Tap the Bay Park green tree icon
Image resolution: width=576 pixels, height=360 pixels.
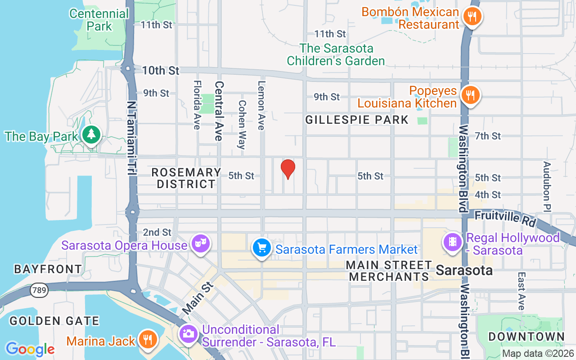[92, 135]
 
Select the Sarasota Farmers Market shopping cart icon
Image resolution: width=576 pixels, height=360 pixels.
[261, 247]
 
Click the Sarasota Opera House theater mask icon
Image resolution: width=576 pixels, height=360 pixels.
[200, 243]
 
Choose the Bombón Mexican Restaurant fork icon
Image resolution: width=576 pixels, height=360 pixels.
[472, 17]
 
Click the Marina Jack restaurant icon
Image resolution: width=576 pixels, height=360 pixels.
[147, 339]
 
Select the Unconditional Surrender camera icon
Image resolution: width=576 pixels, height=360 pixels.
[189, 333]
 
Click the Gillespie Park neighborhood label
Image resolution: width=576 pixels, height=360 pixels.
[357, 120]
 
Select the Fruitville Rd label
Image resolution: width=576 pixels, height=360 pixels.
[505, 219]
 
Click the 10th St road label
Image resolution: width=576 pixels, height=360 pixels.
[161, 71]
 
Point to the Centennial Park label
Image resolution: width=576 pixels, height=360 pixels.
[99, 20]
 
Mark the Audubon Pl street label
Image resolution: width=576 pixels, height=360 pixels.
[547, 185]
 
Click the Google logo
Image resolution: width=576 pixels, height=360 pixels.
[30, 349]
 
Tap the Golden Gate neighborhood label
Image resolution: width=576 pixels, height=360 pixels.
[54, 321]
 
